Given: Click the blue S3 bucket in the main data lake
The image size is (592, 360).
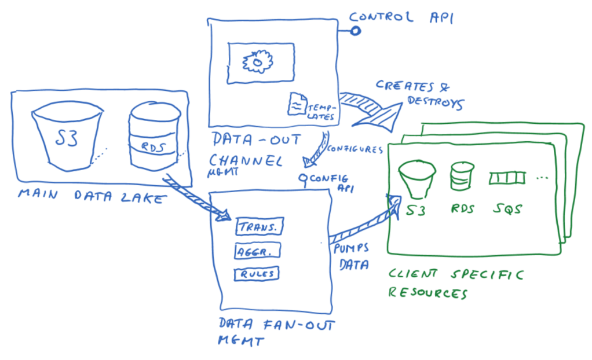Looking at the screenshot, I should click(67, 137).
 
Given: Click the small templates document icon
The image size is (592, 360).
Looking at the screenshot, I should click(297, 104).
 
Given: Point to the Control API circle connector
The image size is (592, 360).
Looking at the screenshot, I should click(355, 31).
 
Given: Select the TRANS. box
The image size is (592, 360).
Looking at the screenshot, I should click(258, 227).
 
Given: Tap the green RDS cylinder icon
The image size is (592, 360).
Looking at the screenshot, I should click(463, 176).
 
